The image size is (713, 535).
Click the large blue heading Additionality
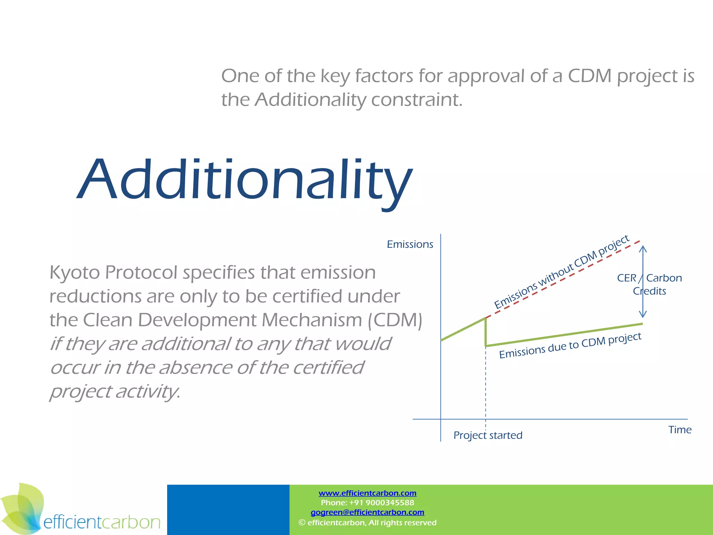coord(244,180)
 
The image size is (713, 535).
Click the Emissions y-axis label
coord(410,245)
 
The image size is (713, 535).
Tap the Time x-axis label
coord(680,430)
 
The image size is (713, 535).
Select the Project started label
coord(488,435)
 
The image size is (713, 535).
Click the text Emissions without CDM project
coord(561,272)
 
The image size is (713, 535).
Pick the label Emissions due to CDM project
coord(570,345)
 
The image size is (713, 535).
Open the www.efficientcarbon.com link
coord(367,493)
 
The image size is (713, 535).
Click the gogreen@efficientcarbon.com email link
coord(367,512)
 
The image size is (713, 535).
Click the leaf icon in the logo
coord(22,509)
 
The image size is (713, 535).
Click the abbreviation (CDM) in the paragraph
coord(395,320)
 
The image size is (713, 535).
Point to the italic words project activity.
coord(115,391)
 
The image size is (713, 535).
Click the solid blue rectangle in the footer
coord(228,510)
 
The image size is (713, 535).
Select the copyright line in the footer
coord(367,522)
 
